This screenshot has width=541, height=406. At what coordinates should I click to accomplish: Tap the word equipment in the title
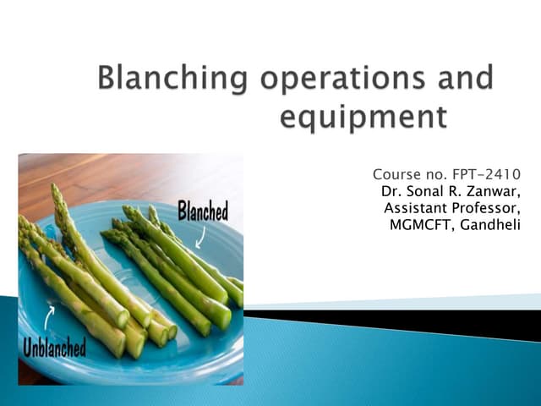(x=363, y=117)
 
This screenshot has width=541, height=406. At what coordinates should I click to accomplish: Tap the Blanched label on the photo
(x=202, y=211)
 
